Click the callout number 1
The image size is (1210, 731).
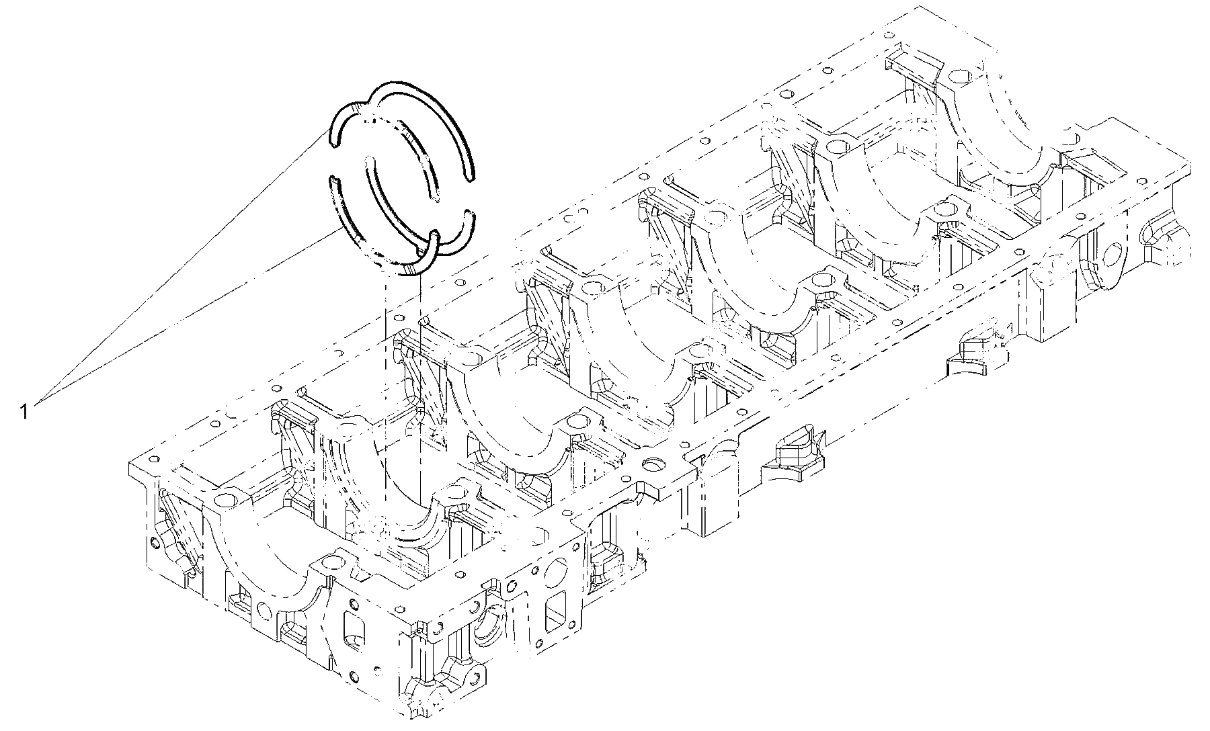[24, 411]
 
